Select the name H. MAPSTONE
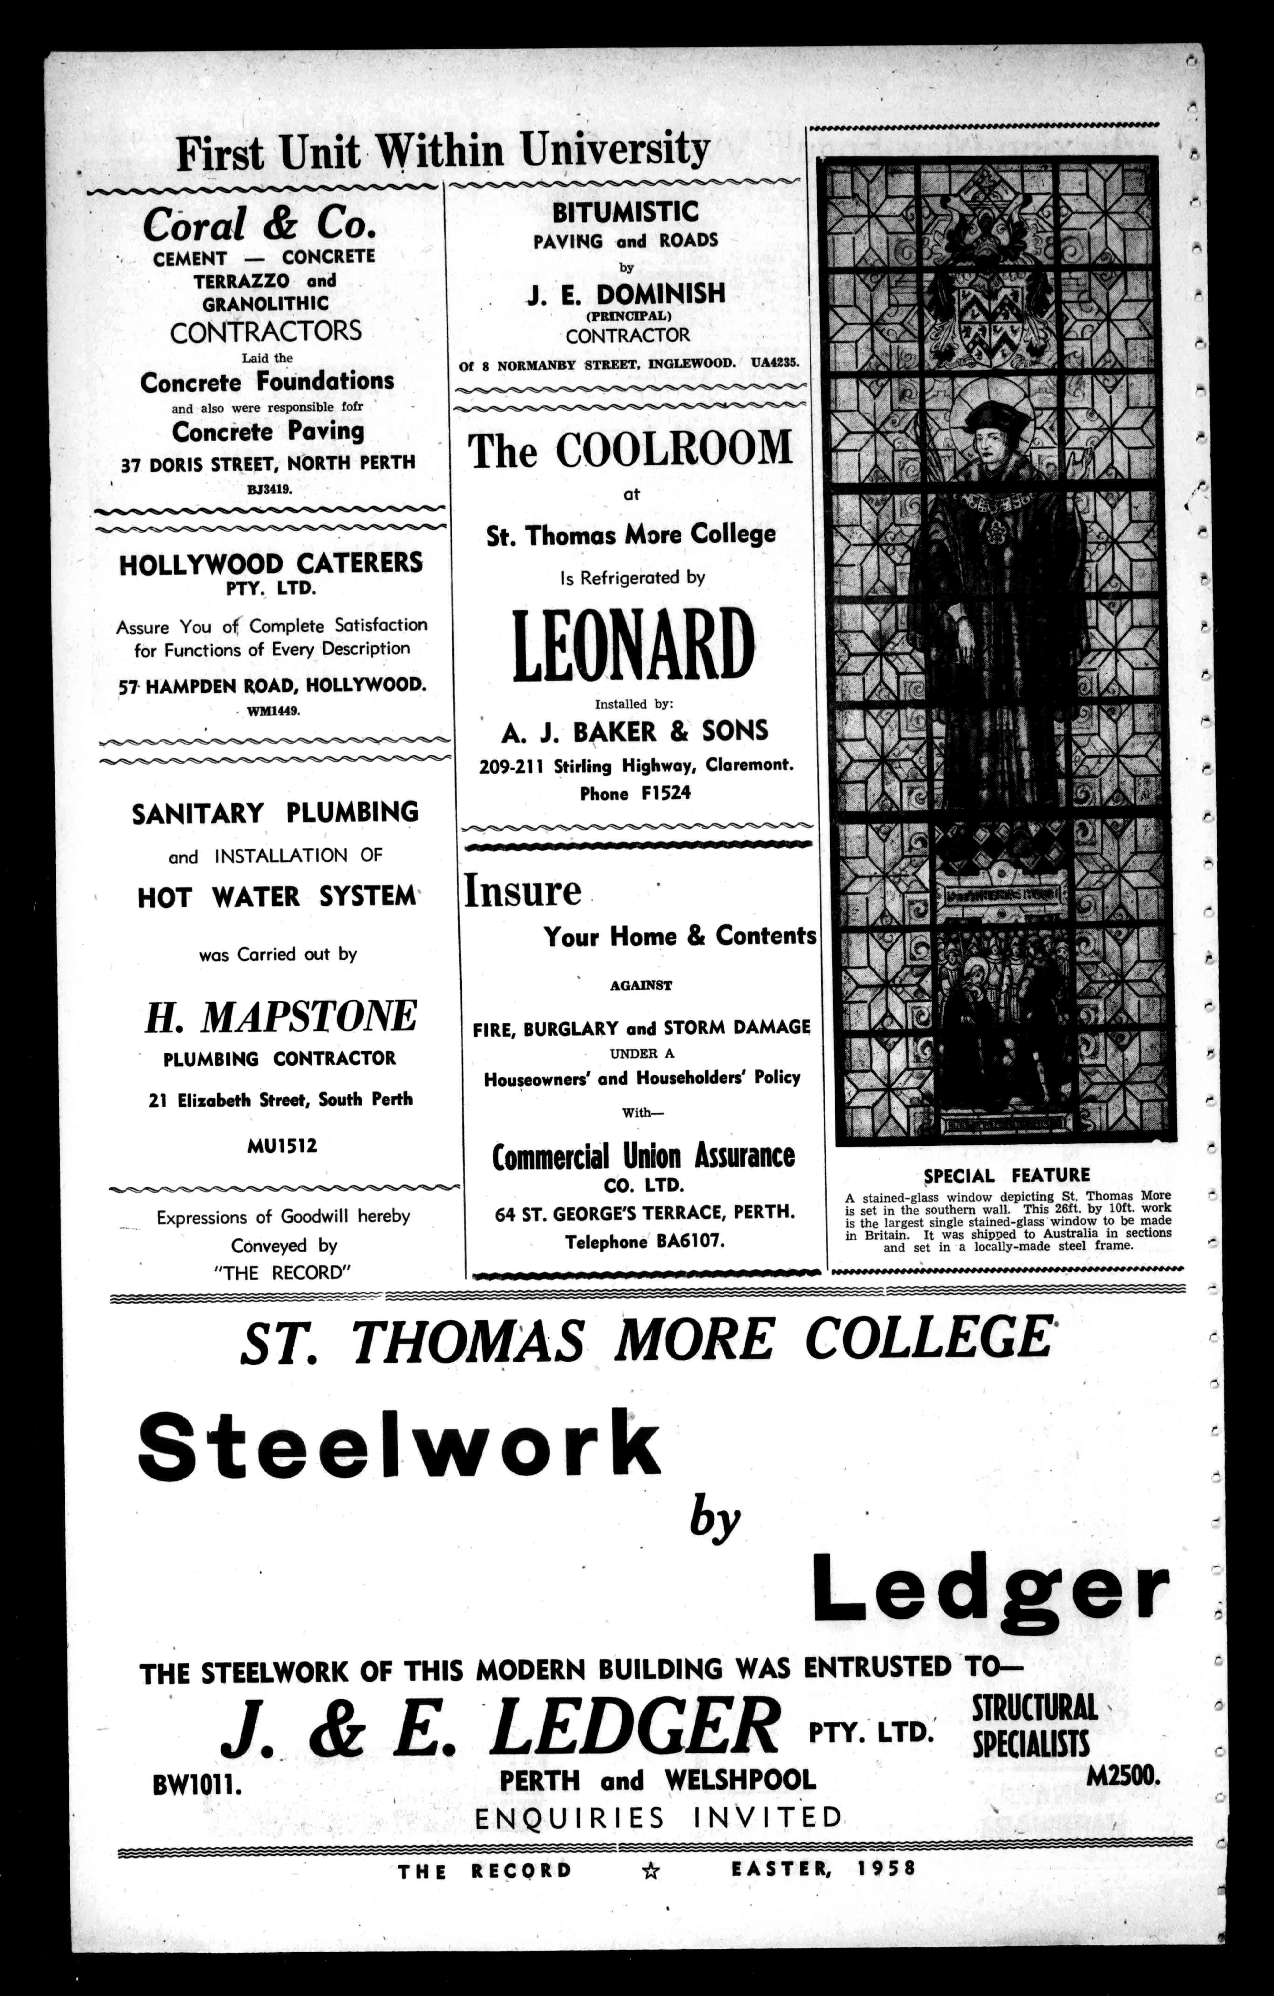(281, 1016)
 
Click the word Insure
(522, 891)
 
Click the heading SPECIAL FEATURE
(1006, 1175)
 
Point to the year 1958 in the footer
(886, 1869)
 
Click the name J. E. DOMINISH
(626, 294)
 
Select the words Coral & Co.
(259, 224)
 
